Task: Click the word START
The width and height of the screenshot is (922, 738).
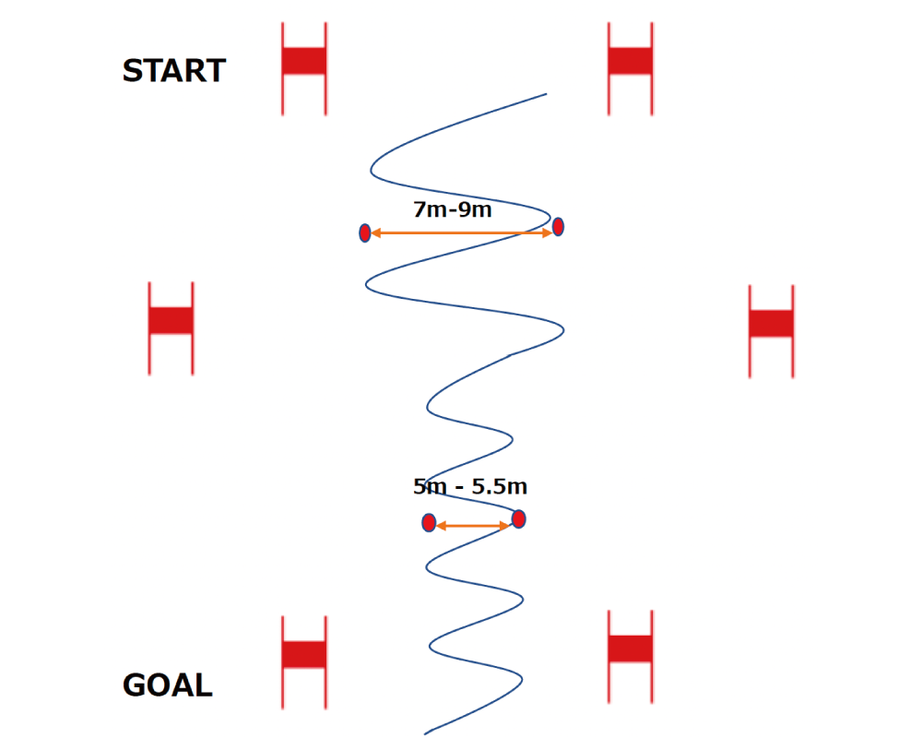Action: point(173,71)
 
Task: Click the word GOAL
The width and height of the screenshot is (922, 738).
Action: point(167,685)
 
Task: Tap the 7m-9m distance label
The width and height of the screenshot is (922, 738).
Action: point(452,209)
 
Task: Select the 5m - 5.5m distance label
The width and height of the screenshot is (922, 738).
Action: point(470,486)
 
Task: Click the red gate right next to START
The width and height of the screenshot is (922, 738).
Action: point(304,62)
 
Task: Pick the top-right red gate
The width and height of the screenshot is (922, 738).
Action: point(631,62)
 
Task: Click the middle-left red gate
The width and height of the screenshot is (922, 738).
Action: point(171,321)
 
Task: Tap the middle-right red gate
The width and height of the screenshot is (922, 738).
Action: point(771,324)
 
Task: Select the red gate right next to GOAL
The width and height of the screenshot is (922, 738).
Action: point(304,654)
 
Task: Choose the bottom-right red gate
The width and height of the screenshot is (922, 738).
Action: point(631,649)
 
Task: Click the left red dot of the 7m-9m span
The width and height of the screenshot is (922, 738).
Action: point(365,233)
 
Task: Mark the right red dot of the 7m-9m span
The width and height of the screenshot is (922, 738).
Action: point(558,227)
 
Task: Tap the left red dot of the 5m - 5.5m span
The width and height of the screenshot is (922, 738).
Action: point(429,523)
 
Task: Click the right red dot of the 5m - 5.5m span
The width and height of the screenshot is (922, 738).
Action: point(519,519)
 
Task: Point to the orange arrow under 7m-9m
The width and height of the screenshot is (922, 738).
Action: point(461,233)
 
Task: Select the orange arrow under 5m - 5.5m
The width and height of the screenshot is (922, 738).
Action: point(472,526)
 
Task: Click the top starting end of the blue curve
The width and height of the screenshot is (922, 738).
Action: point(546,94)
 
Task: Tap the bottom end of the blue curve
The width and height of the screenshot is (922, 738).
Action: point(425,733)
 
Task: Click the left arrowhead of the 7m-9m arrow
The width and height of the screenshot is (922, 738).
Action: point(375,233)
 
